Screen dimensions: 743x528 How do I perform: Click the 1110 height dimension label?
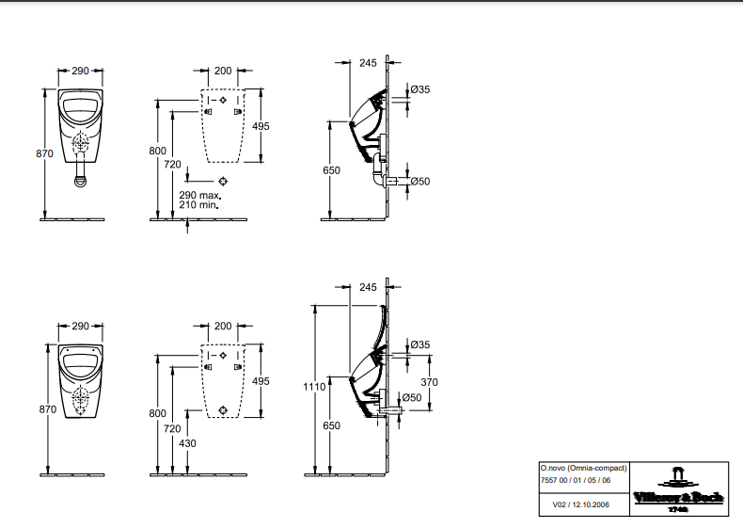(x=314, y=387)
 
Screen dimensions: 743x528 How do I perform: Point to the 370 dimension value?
(x=429, y=382)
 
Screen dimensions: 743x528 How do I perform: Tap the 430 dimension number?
(x=188, y=443)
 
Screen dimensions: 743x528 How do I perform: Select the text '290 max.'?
(x=200, y=195)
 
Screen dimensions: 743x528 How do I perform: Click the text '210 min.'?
(x=199, y=205)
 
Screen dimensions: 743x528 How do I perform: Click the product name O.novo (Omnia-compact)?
(x=584, y=468)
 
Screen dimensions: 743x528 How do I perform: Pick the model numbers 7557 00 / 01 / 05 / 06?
(x=576, y=480)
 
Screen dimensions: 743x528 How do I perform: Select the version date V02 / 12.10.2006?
(x=581, y=504)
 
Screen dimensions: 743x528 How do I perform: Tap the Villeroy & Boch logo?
(x=678, y=490)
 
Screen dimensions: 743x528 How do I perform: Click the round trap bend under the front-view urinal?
(x=81, y=181)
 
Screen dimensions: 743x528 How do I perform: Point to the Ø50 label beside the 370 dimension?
(x=412, y=397)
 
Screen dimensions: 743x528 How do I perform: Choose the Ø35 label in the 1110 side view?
(x=420, y=344)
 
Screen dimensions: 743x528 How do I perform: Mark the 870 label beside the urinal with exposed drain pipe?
(x=44, y=153)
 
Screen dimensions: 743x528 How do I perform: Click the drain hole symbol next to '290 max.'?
(x=223, y=181)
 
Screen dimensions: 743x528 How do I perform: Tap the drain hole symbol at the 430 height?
(x=223, y=410)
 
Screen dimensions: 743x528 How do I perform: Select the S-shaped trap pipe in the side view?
(x=378, y=170)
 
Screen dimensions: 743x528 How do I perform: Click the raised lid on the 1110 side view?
(x=380, y=332)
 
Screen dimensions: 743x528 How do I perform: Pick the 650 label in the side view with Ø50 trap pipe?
(x=331, y=170)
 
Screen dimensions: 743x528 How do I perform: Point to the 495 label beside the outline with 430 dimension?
(x=261, y=381)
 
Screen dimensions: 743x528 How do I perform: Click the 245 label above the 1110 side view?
(x=368, y=287)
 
